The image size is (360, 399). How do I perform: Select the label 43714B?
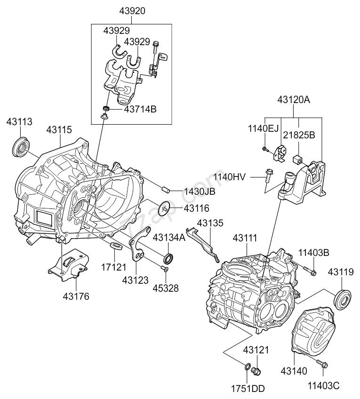[140, 109]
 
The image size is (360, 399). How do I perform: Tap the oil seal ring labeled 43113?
[21, 147]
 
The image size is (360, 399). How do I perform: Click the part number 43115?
[59, 128]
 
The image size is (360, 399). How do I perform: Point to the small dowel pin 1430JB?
[166, 190]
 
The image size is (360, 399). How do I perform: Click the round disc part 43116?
[165, 207]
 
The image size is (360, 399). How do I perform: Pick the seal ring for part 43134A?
[168, 258]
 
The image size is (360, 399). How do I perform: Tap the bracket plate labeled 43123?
[137, 246]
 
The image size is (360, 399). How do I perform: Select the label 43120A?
[294, 100]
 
